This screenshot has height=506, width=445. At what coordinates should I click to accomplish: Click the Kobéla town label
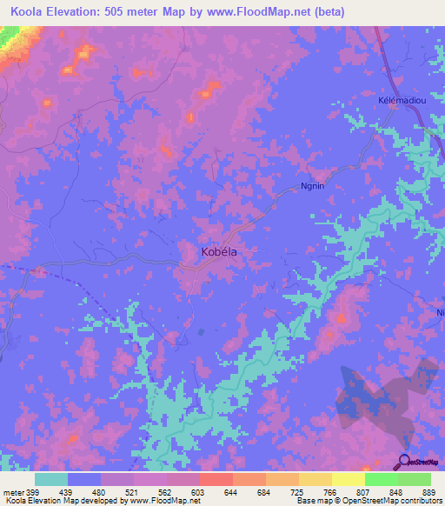pos(213,251)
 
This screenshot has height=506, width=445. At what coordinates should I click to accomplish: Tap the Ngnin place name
pos(312,185)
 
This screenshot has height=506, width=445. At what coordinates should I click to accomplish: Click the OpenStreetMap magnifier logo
pos(404,462)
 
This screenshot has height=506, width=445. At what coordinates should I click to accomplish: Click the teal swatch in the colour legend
pos(51,479)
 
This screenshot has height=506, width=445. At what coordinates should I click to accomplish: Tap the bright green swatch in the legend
pos(381,479)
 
